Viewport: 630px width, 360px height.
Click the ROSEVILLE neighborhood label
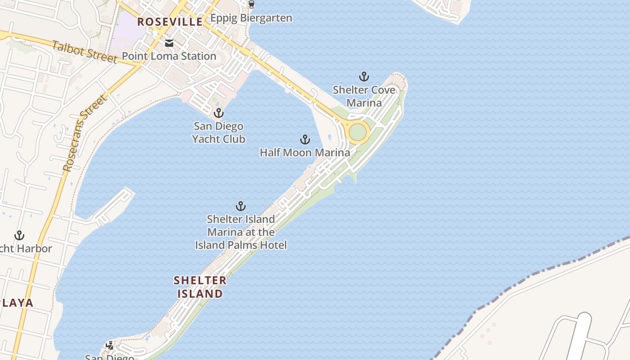170,22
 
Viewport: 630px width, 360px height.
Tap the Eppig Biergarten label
251,18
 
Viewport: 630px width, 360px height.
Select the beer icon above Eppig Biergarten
251,4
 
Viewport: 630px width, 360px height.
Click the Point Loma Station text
169,56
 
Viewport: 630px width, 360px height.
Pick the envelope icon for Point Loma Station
169,43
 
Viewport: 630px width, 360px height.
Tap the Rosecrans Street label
85,133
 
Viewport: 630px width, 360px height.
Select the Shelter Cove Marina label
364,96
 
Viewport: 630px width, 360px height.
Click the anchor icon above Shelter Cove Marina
364,76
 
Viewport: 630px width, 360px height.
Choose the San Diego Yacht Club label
219,133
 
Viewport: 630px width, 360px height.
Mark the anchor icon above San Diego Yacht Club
219,113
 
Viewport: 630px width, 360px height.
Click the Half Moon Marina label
305,153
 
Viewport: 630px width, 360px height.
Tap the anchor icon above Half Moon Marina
305,139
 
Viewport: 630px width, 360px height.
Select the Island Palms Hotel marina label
241,232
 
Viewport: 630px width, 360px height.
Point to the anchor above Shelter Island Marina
241,206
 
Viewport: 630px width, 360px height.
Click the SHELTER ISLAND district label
200,287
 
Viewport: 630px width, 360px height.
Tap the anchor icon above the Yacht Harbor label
19,235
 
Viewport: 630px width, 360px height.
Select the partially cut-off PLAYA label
17,303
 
